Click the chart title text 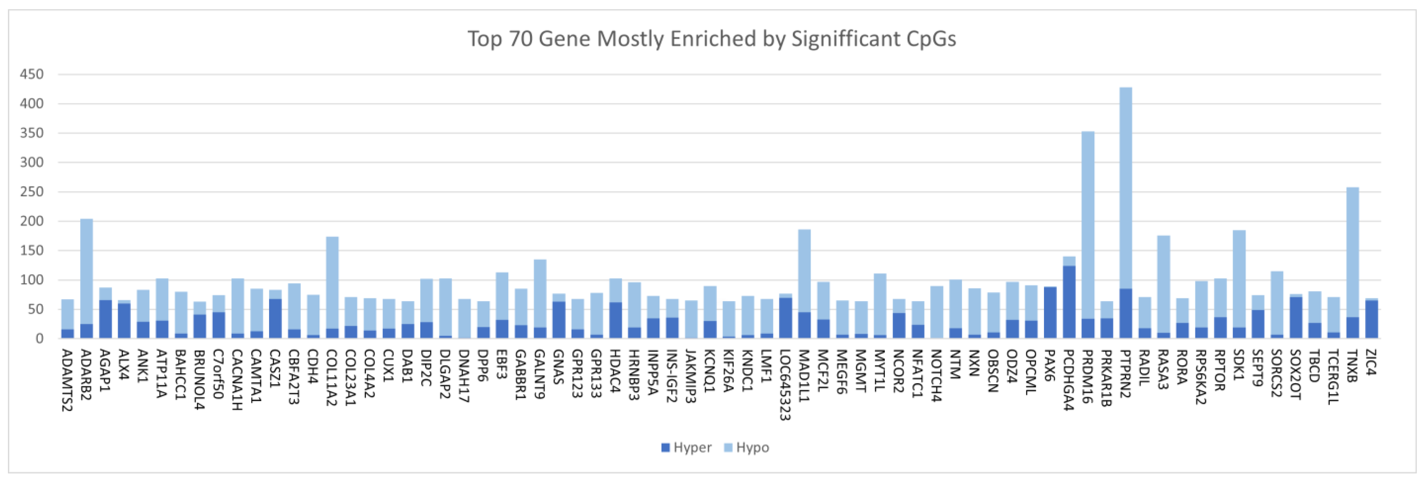point(712,39)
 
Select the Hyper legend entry point(686,447)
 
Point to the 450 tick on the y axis point(32,74)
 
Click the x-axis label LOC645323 point(784,384)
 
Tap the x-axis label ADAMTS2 point(67,380)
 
